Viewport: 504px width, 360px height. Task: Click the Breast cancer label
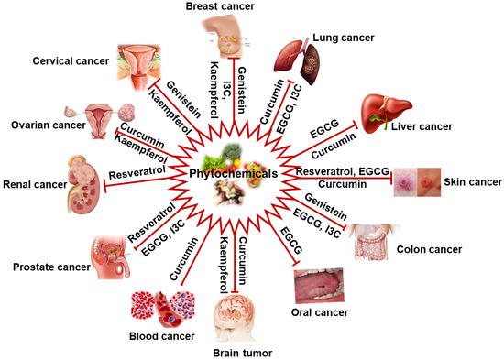(246, 8)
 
